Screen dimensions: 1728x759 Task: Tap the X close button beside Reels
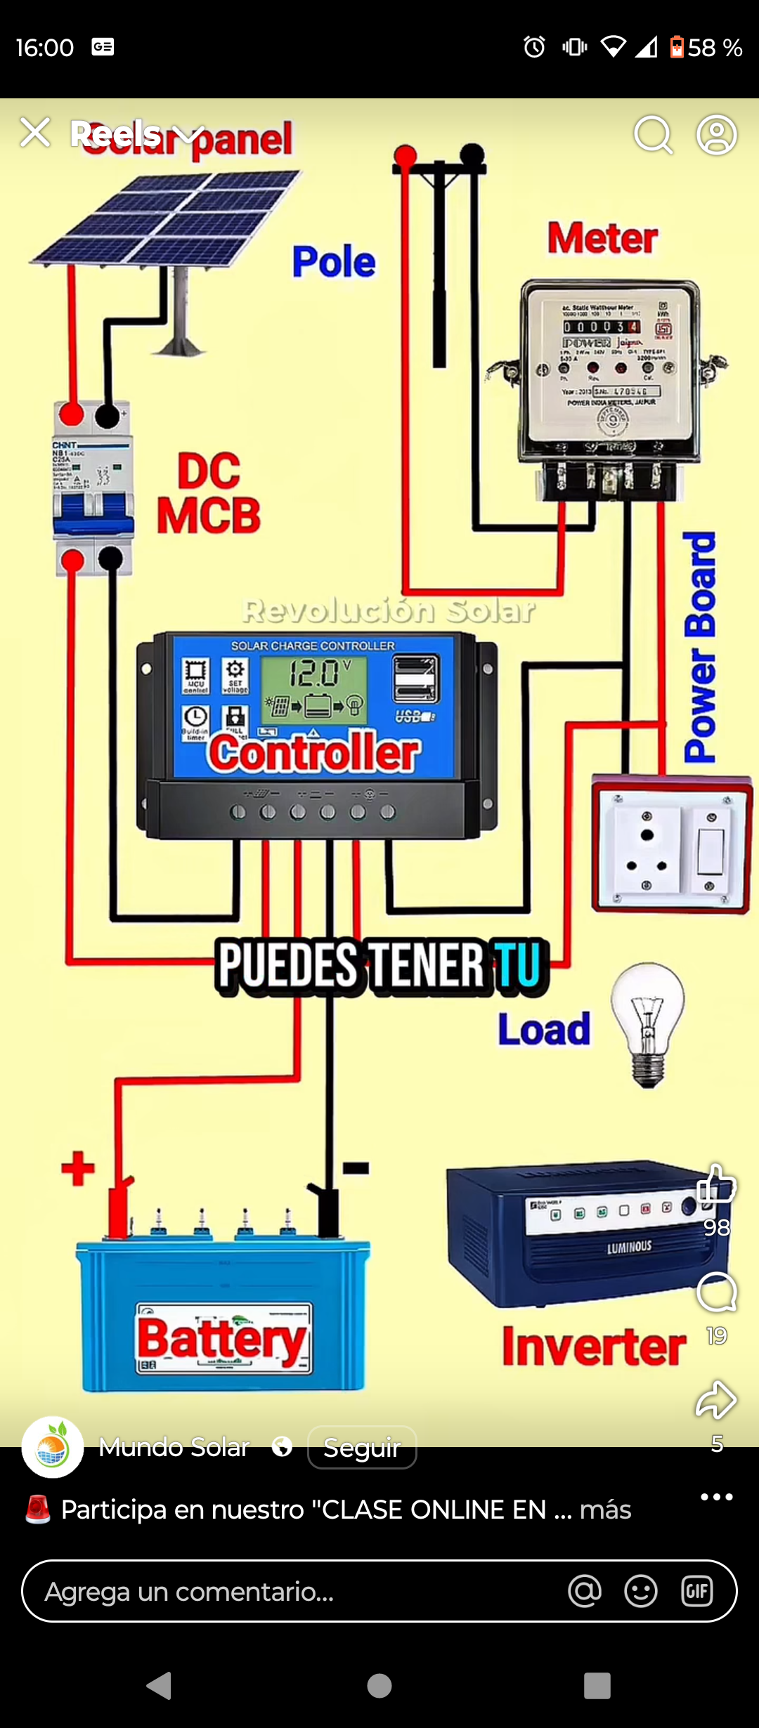coord(35,133)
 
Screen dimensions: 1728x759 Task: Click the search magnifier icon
coord(653,133)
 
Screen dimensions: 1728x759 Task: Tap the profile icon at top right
coord(716,134)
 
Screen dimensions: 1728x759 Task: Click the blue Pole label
coord(334,262)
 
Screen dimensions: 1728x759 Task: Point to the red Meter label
coord(603,238)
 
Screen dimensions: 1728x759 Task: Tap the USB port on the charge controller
coord(415,679)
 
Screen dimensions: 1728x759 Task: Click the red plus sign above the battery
coord(78,1168)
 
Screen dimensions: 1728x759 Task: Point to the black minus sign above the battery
coord(356,1168)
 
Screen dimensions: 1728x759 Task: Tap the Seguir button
coord(362,1447)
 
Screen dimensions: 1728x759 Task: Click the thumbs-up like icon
coord(716,1186)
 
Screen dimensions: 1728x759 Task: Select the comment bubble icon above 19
coord(716,1292)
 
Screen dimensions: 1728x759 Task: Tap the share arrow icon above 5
coord(716,1399)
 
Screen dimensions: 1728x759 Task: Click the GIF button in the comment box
coord(696,1591)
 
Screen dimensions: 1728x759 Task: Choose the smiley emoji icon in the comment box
coord(640,1591)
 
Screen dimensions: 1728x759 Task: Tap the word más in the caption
coord(605,1510)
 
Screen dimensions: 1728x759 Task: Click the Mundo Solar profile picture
coord(53,1447)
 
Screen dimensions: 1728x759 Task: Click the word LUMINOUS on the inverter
coord(629,1247)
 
